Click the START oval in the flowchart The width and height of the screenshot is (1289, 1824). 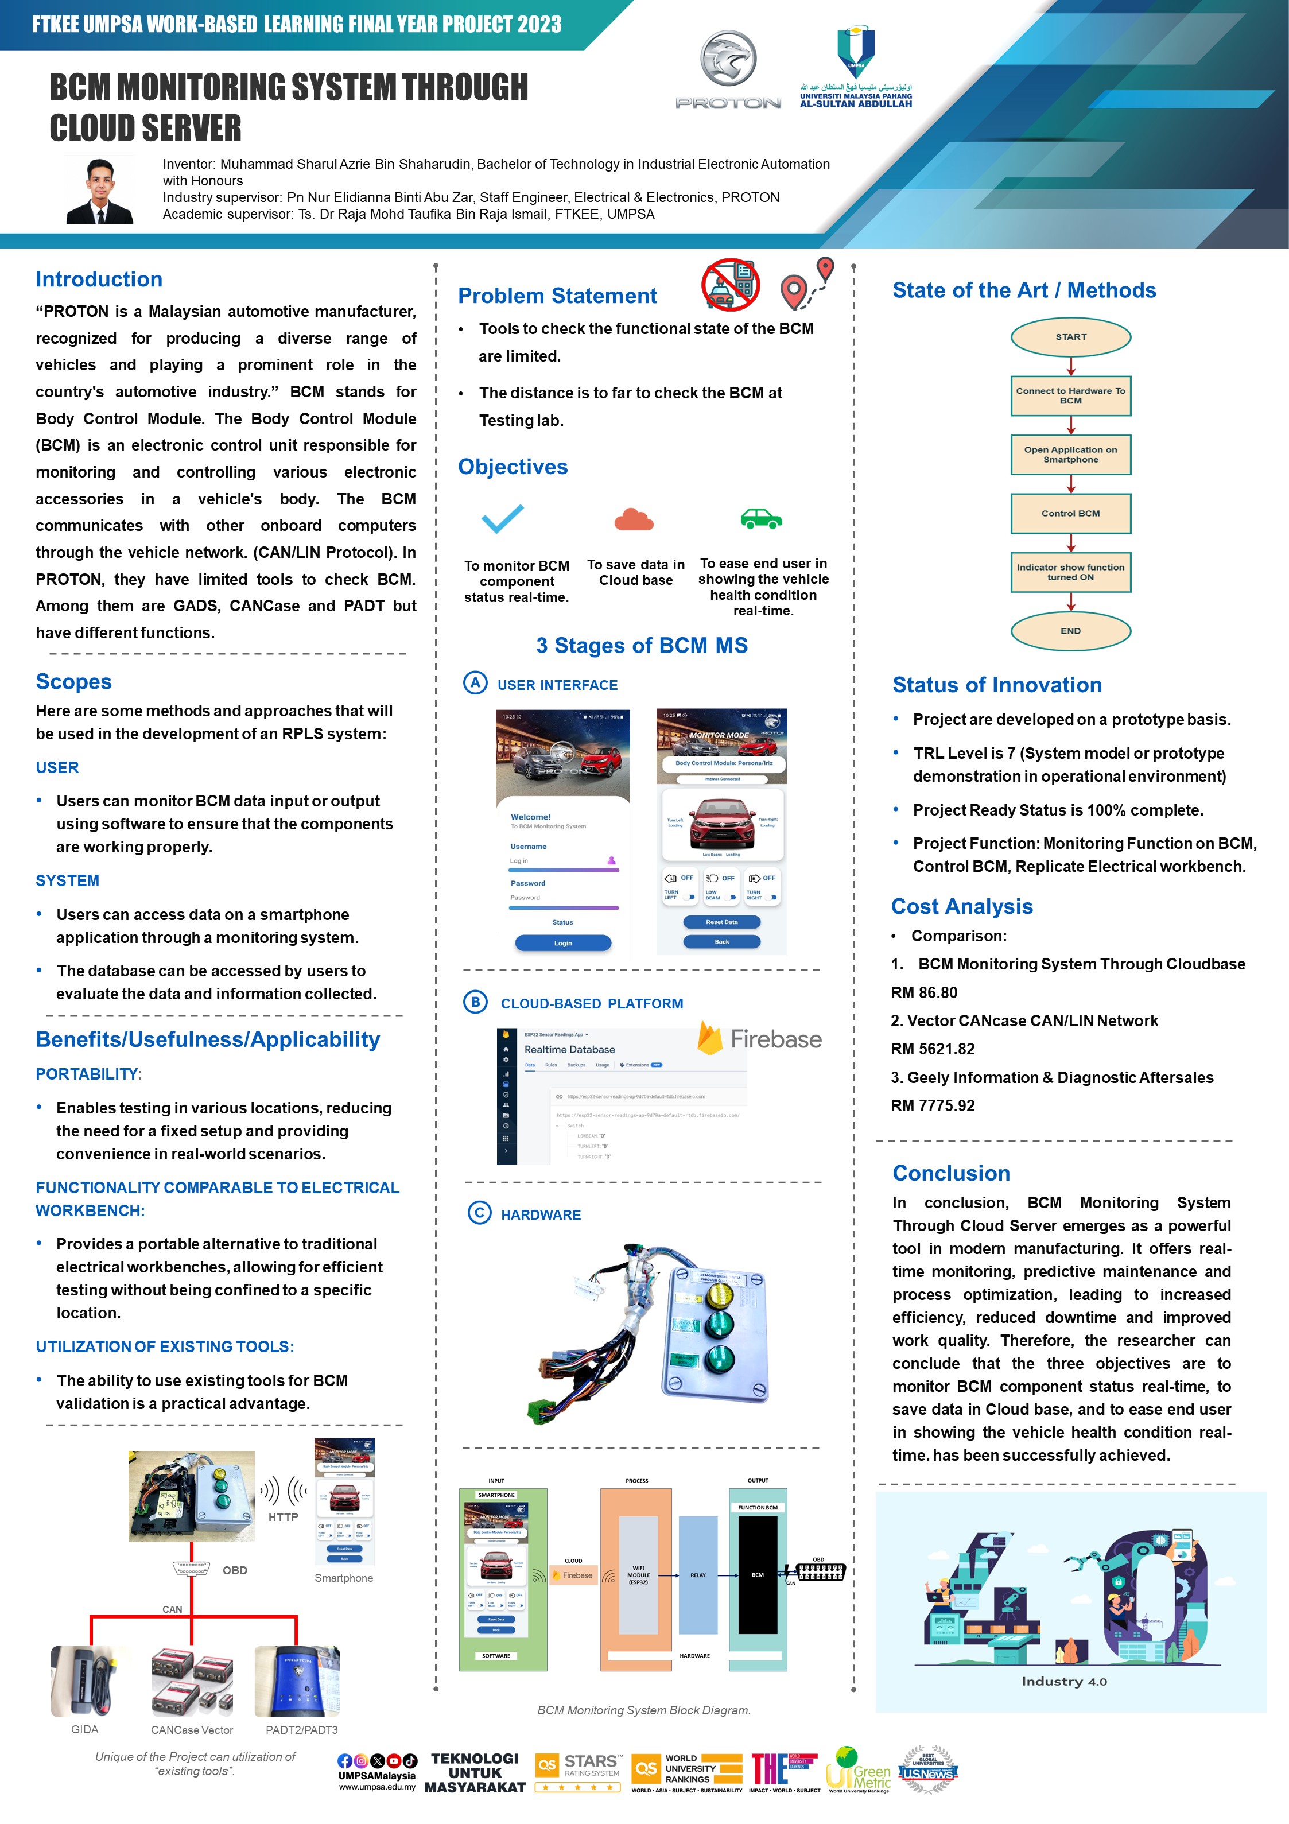[1070, 337]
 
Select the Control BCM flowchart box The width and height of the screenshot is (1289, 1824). [1070, 513]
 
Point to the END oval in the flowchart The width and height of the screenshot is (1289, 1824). [1070, 631]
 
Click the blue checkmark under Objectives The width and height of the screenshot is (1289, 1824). [502, 519]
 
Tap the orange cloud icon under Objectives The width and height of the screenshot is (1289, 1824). [634, 519]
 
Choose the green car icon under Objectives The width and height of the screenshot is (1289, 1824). [761, 519]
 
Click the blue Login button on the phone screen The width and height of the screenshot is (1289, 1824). [562, 943]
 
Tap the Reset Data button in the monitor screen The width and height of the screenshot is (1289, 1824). [721, 922]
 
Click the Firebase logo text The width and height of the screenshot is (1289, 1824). [775, 1039]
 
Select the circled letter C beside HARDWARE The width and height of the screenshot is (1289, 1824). [479, 1213]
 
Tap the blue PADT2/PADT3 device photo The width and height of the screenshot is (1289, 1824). [296, 1681]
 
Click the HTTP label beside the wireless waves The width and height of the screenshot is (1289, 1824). [283, 1516]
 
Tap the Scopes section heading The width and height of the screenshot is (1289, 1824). [74, 682]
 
